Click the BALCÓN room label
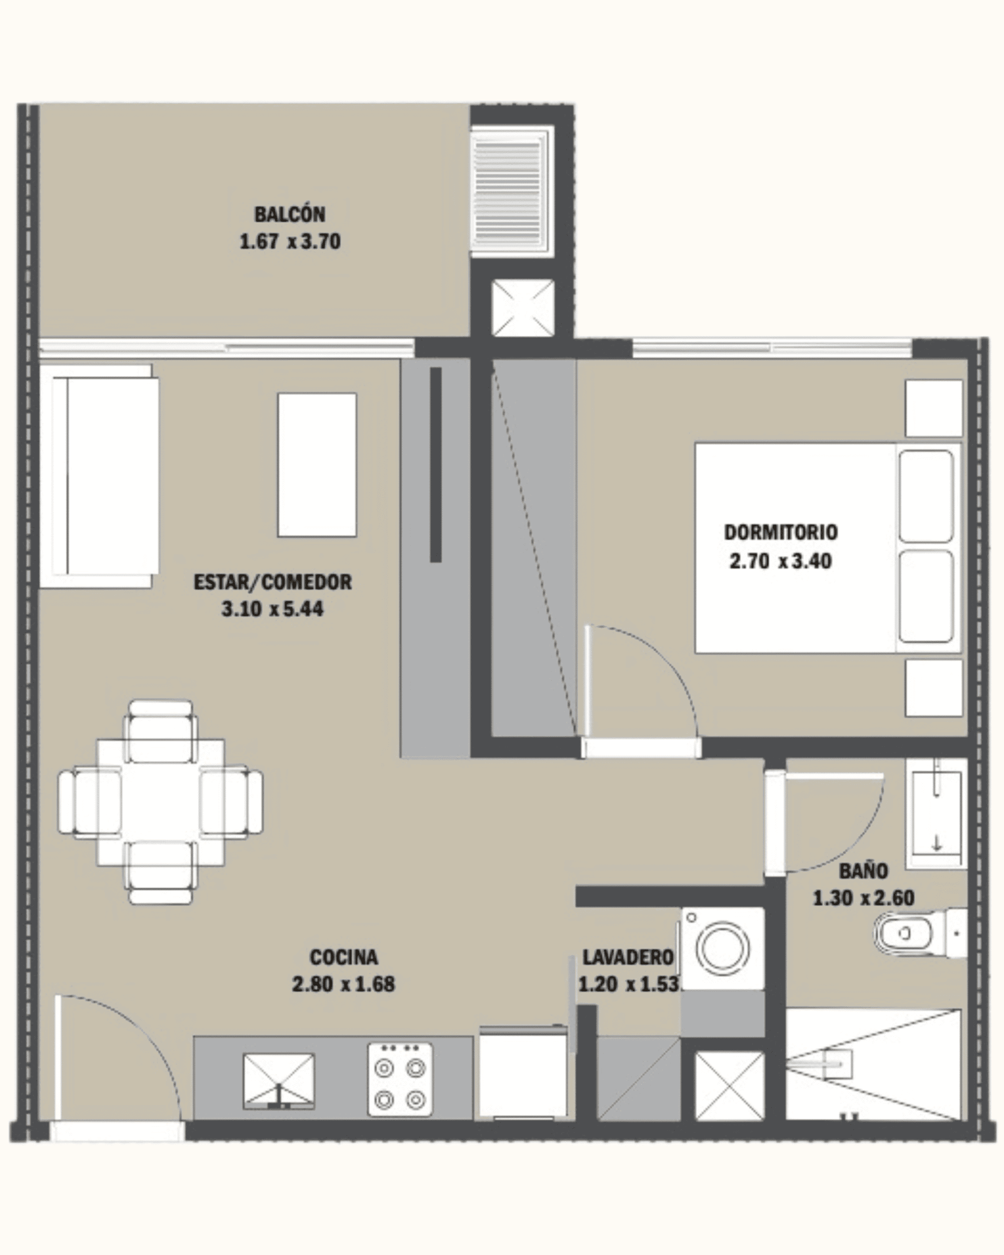[x=290, y=214]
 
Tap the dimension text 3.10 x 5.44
[x=273, y=609]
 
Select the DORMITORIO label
[x=780, y=532]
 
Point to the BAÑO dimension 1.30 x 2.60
[x=863, y=898]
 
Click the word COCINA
[x=343, y=957]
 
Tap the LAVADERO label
[x=628, y=957]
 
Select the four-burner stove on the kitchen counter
[x=401, y=1079]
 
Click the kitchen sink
[x=279, y=1080]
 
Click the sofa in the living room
[x=99, y=476]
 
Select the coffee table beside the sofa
[x=317, y=465]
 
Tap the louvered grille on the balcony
[x=511, y=192]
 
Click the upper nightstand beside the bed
[x=933, y=408]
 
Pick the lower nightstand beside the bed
[x=933, y=687]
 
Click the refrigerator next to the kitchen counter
[x=523, y=1072]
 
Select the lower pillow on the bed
[x=926, y=596]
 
